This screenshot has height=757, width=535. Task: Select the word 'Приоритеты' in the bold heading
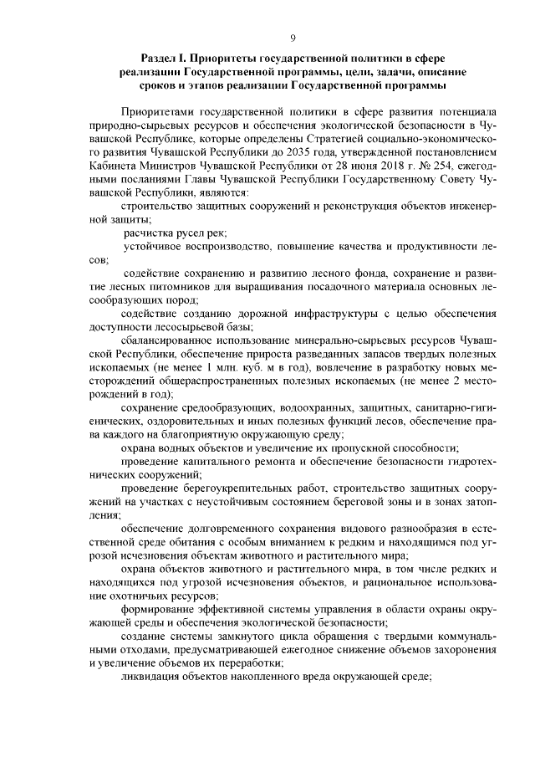click(x=226, y=59)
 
